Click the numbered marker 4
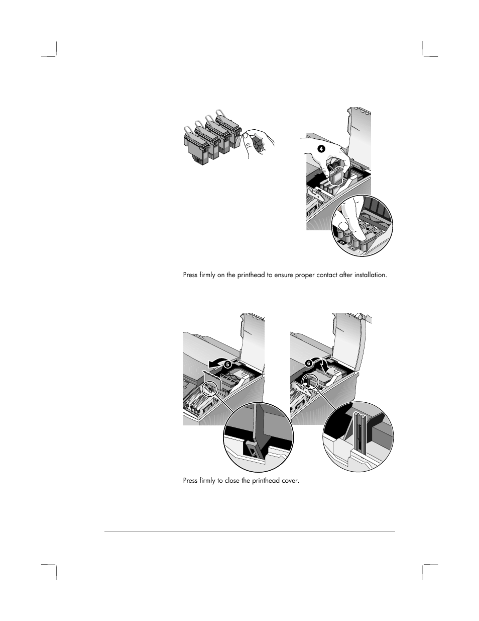coord(321,149)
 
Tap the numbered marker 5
coord(227,365)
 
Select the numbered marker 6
coord(309,363)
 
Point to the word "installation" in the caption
coord(371,275)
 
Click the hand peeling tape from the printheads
coord(258,143)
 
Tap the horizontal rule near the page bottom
coord(250,531)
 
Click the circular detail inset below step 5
coord(259,437)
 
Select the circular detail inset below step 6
coord(358,437)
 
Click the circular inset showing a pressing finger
coord(362,225)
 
